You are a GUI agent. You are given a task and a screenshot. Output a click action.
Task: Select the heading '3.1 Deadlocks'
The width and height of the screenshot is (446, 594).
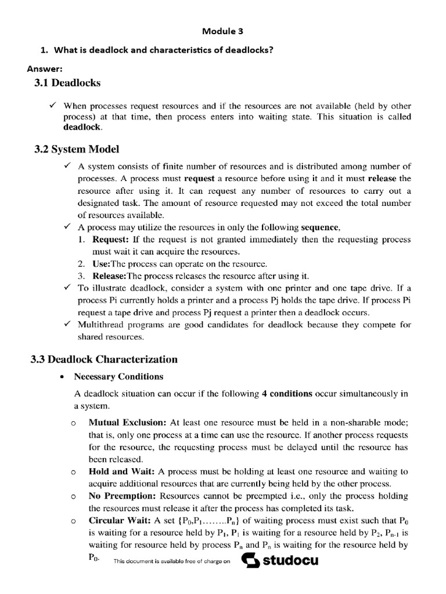pos(67,83)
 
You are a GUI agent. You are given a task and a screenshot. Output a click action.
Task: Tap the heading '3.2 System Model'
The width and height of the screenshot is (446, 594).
pos(77,149)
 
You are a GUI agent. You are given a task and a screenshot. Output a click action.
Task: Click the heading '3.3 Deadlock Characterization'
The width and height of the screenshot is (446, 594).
pos(104,359)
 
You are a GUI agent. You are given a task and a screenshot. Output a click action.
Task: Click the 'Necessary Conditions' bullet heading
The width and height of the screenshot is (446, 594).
pos(118,376)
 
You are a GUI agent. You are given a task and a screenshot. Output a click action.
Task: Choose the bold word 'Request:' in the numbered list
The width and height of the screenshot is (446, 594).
pos(111,239)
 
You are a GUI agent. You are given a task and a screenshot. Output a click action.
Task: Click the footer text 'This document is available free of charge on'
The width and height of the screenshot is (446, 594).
pos(172,562)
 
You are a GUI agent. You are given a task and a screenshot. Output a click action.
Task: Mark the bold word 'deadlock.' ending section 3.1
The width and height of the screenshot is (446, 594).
pos(82,127)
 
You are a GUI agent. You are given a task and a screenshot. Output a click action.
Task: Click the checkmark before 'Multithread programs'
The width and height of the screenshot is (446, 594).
pos(68,324)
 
